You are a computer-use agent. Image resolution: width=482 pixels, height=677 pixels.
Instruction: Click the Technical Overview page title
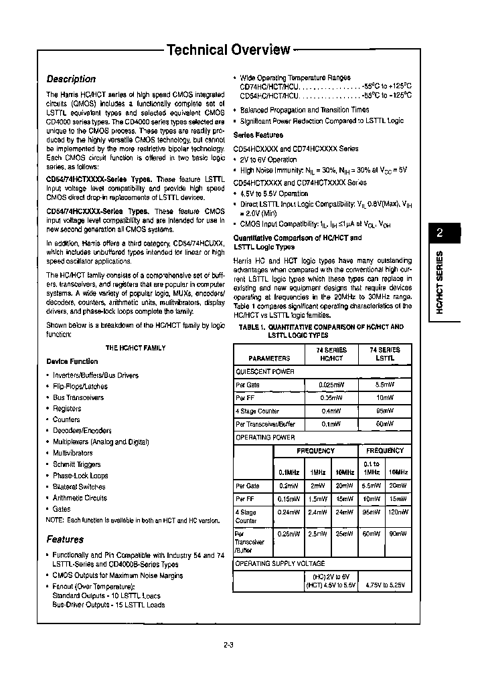click(228, 50)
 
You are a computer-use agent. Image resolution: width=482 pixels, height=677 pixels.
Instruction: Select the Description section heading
click(71, 79)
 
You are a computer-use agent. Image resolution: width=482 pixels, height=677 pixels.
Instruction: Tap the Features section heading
click(65, 539)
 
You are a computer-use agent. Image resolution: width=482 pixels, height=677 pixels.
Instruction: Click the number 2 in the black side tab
click(440, 233)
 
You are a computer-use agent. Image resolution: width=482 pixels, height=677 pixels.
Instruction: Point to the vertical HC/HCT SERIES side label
click(440, 282)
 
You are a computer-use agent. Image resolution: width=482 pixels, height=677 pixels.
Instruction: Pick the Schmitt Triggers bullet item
click(77, 464)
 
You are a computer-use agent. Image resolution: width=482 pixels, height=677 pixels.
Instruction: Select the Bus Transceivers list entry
click(78, 397)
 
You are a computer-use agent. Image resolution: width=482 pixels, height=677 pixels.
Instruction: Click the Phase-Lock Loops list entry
click(80, 476)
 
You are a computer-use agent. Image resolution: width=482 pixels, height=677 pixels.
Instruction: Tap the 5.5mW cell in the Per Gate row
click(385, 385)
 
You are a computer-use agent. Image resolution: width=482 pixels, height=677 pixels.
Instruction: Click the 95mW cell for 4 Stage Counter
click(385, 411)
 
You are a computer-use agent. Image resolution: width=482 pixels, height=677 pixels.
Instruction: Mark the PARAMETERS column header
click(269, 359)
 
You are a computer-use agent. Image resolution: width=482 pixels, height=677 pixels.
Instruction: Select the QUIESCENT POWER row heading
click(265, 371)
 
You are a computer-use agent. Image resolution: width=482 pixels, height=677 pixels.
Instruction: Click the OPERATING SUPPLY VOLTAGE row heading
click(280, 564)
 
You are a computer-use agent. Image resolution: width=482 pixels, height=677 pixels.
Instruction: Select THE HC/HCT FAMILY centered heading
click(136, 348)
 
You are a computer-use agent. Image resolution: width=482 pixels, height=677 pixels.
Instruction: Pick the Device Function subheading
click(72, 361)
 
